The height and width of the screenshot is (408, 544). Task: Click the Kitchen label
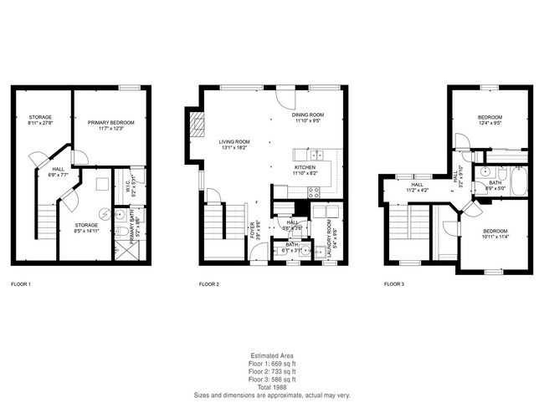[304, 167]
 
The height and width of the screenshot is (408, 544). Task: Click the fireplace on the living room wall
[198, 127]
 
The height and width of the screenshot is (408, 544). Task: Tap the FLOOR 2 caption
[208, 285]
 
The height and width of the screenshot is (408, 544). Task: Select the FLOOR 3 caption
[393, 285]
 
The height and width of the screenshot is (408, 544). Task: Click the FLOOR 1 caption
[21, 285]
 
